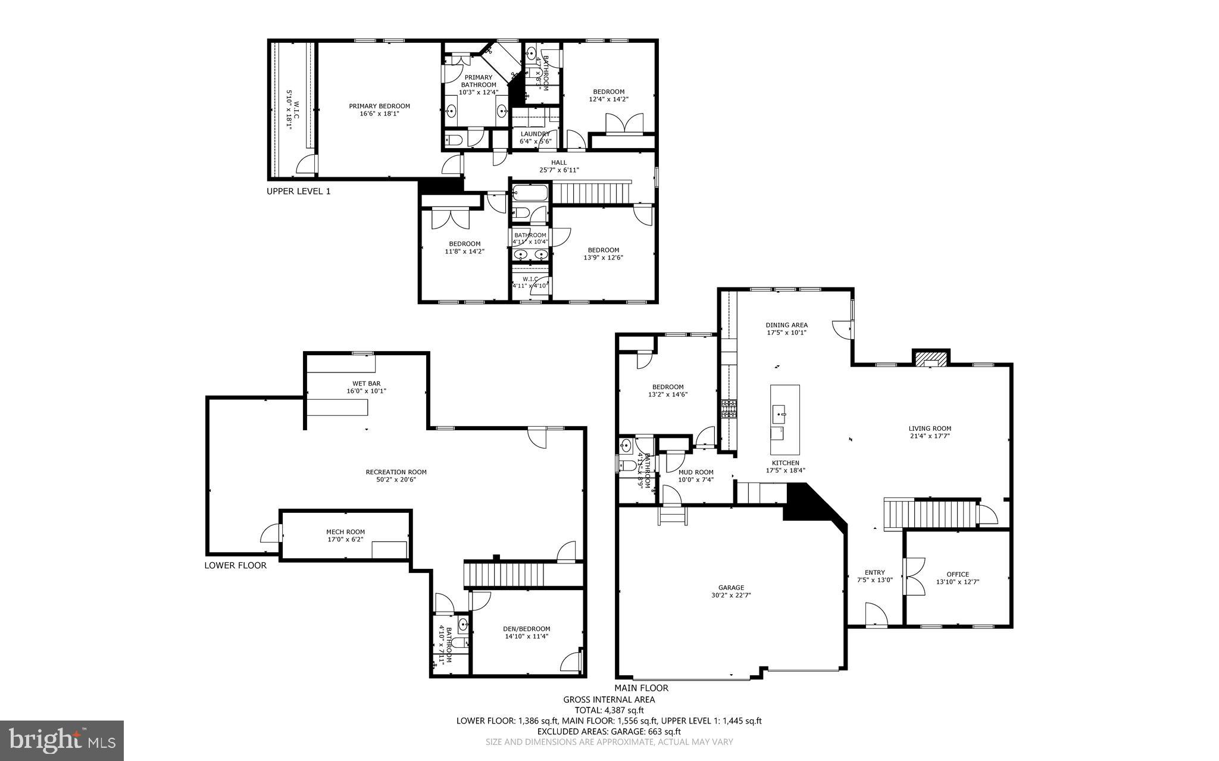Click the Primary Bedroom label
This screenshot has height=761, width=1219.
(x=379, y=106)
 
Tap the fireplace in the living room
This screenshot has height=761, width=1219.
(x=931, y=359)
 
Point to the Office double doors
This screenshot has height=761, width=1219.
(x=914, y=576)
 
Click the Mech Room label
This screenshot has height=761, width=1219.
(x=345, y=532)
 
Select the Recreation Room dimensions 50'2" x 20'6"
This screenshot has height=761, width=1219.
(x=396, y=479)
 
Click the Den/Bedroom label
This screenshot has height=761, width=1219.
(x=527, y=629)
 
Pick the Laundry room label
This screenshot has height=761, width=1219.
(x=535, y=134)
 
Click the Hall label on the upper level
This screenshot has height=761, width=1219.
(x=558, y=162)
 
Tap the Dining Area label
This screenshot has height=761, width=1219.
(x=786, y=325)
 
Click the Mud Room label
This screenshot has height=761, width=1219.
(x=696, y=472)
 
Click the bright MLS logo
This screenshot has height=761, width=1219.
(x=62, y=740)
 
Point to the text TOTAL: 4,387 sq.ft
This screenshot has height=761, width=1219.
(x=609, y=710)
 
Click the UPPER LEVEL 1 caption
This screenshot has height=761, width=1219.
(x=298, y=192)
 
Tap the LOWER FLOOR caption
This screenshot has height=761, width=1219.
(x=235, y=565)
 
